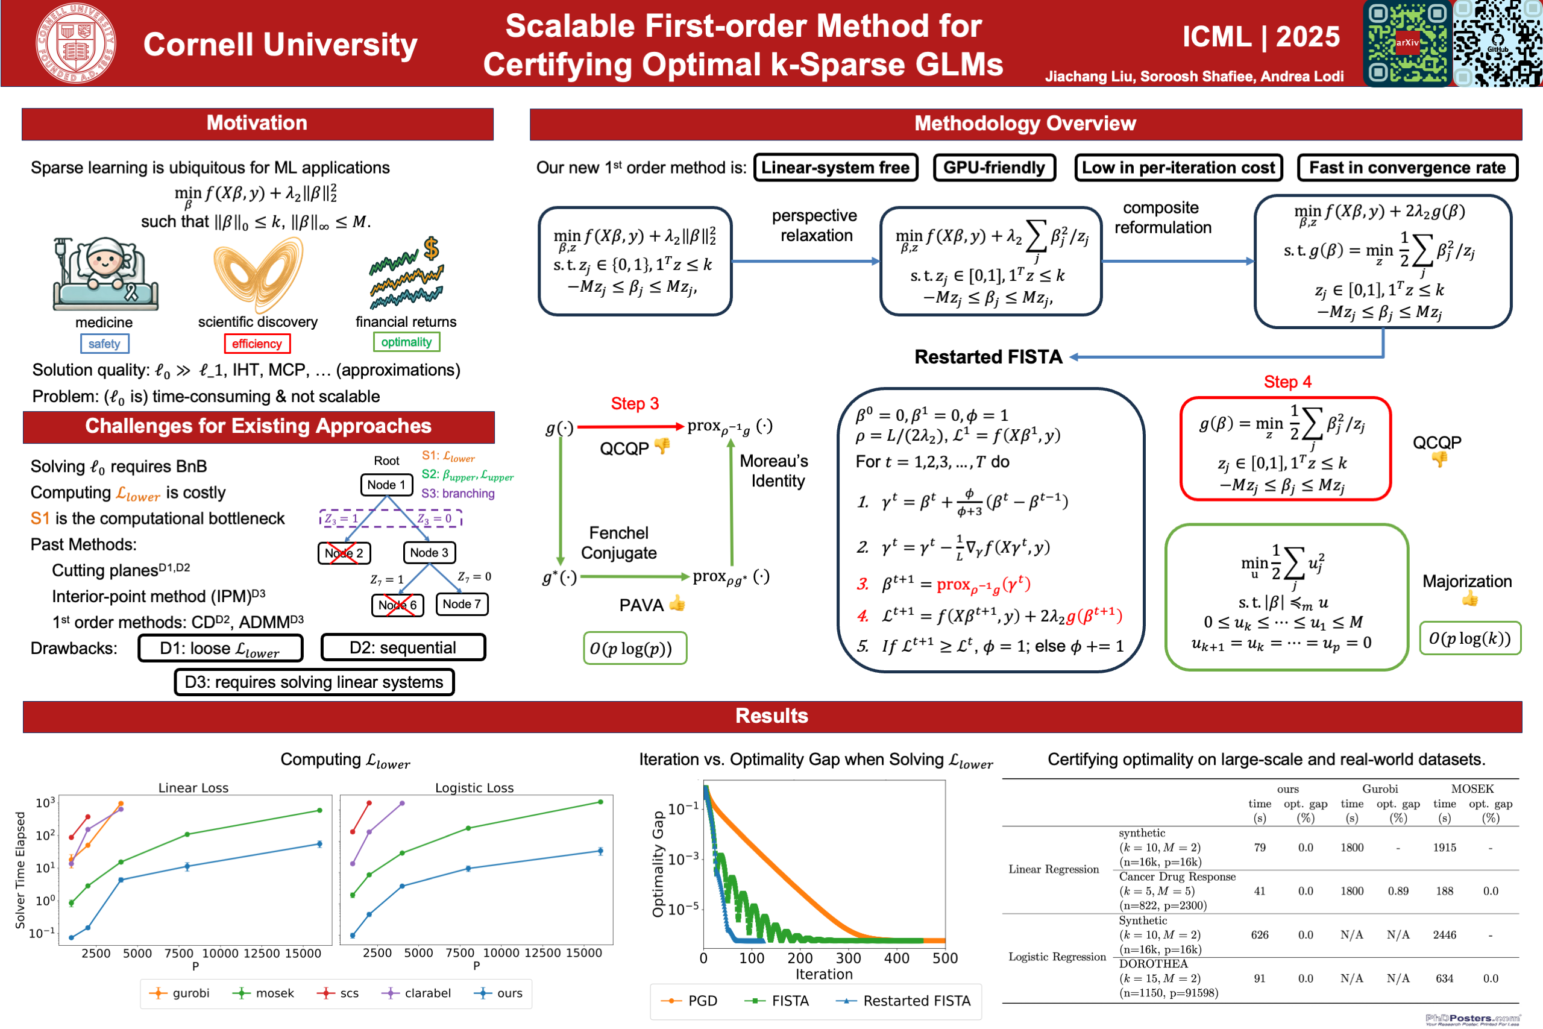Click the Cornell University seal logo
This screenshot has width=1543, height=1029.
pos(76,43)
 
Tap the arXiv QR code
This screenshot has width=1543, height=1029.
pos(1407,43)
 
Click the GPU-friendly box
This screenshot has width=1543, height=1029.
pos(994,168)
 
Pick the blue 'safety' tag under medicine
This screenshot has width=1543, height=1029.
pos(104,344)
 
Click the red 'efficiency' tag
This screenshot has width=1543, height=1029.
pos(257,344)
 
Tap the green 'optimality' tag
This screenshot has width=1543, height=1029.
pos(406,342)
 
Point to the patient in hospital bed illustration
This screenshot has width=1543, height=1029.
pos(105,274)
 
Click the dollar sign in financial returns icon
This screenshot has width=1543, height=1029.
pos(431,249)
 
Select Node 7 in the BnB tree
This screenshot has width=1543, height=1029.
pos(462,605)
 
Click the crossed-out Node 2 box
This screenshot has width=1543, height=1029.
pos(344,553)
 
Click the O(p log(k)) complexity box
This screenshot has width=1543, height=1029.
pos(1469,639)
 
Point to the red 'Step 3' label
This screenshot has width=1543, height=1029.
pos(635,404)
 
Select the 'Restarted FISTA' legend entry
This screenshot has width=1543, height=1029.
pos(904,1001)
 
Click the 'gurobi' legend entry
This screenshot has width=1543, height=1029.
pos(180,993)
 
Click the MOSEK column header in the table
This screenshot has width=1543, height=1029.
pos(1472,790)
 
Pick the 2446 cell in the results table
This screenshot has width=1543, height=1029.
pos(1444,935)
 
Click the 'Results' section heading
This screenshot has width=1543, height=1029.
pos(771,716)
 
